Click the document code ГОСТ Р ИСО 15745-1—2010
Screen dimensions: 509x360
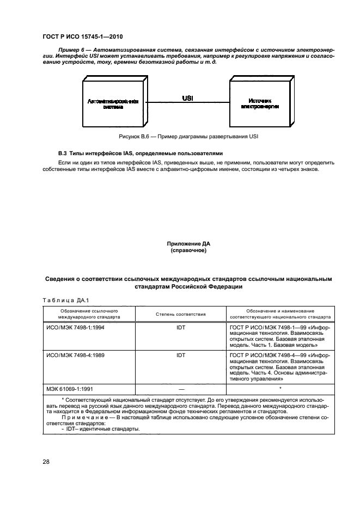pos(82,37)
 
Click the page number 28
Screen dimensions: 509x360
pos(46,462)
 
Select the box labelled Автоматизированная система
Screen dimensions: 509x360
pos(113,104)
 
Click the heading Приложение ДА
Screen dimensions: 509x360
pos(188,244)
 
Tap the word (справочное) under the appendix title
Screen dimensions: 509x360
pos(188,251)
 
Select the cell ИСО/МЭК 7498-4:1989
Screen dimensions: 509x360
pos(72,355)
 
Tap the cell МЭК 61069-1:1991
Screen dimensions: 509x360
pos(68,389)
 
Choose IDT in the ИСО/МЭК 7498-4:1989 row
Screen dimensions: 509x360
pos(181,355)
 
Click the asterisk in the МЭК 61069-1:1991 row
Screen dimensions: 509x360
pos(280,388)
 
